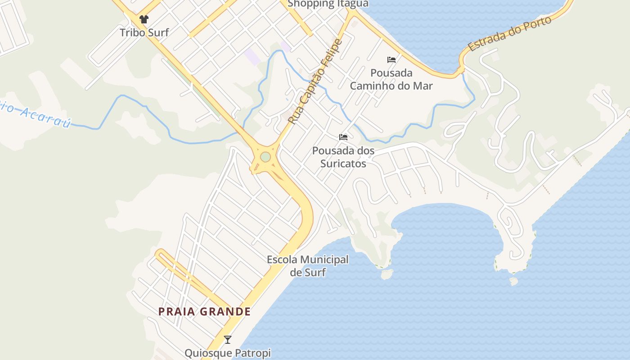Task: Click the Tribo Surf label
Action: (144, 32)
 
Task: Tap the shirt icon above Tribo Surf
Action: (144, 19)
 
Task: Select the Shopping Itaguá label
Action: (328, 4)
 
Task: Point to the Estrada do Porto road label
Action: (509, 34)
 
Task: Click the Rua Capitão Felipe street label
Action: (315, 82)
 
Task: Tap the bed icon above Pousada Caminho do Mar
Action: (391, 59)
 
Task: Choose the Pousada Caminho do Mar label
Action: (391, 79)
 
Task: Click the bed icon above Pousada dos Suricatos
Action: (343, 137)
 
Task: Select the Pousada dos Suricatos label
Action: (343, 157)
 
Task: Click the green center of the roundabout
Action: (265, 157)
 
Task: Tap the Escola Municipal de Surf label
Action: (308, 265)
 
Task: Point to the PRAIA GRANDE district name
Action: (204, 311)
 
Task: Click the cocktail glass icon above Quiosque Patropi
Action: (228, 340)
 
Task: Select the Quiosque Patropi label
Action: (228, 353)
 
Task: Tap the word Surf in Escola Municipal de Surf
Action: (315, 272)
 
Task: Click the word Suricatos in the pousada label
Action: (343, 163)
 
